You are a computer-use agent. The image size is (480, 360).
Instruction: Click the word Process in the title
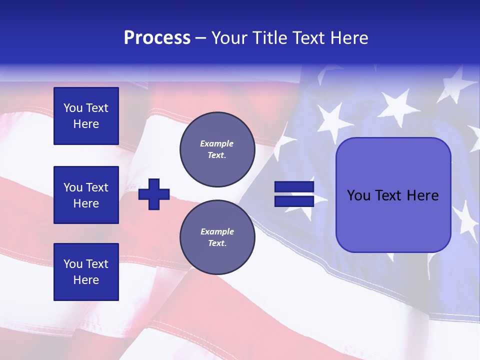pyautogui.click(x=157, y=38)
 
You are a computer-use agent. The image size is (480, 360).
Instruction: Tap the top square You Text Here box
pyautogui.click(x=86, y=116)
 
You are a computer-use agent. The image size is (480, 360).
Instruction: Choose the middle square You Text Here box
pyautogui.click(x=86, y=195)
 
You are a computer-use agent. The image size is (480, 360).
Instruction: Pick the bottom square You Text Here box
pyautogui.click(x=86, y=272)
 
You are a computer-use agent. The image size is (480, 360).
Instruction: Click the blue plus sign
pyautogui.click(x=154, y=194)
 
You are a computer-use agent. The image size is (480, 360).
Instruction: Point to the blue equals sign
pyautogui.click(x=294, y=194)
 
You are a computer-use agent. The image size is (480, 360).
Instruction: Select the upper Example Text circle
pyautogui.click(x=217, y=149)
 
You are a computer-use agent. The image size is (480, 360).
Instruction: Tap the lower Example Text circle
pyautogui.click(x=217, y=237)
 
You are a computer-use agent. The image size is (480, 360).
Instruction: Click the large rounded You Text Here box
pyautogui.click(x=393, y=195)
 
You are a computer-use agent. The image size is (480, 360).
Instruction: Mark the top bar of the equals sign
pyautogui.click(x=294, y=187)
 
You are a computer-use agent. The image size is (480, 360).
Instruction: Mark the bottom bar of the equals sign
pyautogui.click(x=294, y=201)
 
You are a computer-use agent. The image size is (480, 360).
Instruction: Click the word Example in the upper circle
pyautogui.click(x=217, y=143)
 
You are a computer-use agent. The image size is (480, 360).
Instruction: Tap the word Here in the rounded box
pyautogui.click(x=423, y=195)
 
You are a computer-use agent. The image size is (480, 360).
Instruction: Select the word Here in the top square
pyautogui.click(x=86, y=124)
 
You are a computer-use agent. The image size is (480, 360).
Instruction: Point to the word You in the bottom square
pyautogui.click(x=73, y=264)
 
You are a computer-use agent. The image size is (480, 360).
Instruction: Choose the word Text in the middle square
pyautogui.click(x=96, y=187)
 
